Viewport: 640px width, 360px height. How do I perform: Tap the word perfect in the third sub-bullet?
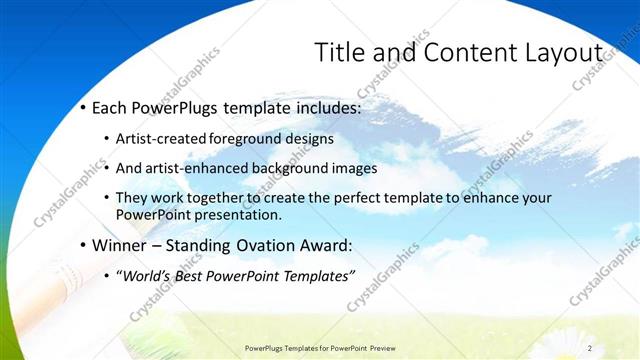351,198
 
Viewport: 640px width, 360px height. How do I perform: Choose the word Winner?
119,245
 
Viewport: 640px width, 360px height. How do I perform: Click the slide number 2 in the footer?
590,348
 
